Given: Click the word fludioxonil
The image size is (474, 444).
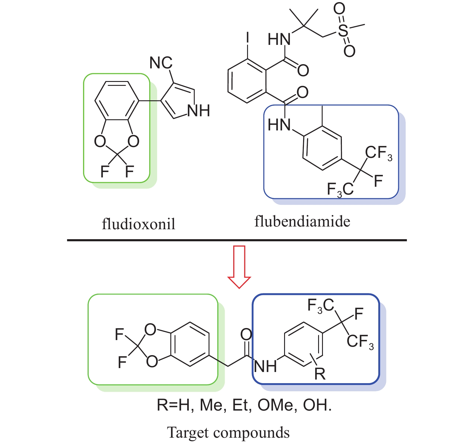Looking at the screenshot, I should (138, 224).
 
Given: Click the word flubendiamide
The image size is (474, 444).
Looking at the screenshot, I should (302, 222).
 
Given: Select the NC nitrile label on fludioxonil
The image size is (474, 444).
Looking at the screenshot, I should (161, 63).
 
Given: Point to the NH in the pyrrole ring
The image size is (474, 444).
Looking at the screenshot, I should (199, 111).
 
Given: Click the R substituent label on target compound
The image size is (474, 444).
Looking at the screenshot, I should (320, 374).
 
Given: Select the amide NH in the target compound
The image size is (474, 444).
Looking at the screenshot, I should (265, 367).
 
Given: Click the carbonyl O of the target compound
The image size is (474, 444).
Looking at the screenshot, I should (246, 334).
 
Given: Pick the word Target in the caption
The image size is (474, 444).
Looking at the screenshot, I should (188, 433).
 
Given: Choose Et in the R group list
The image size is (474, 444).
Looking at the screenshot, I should (241, 405).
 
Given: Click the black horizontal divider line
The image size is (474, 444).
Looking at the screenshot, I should (237, 240).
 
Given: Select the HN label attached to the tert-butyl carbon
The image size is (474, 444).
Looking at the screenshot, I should (279, 39).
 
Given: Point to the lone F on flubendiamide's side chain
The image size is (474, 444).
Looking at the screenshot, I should (378, 181).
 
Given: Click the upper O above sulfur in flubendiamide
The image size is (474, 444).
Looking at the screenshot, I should (339, 9).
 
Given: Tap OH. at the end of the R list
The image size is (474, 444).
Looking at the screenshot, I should (317, 405).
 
